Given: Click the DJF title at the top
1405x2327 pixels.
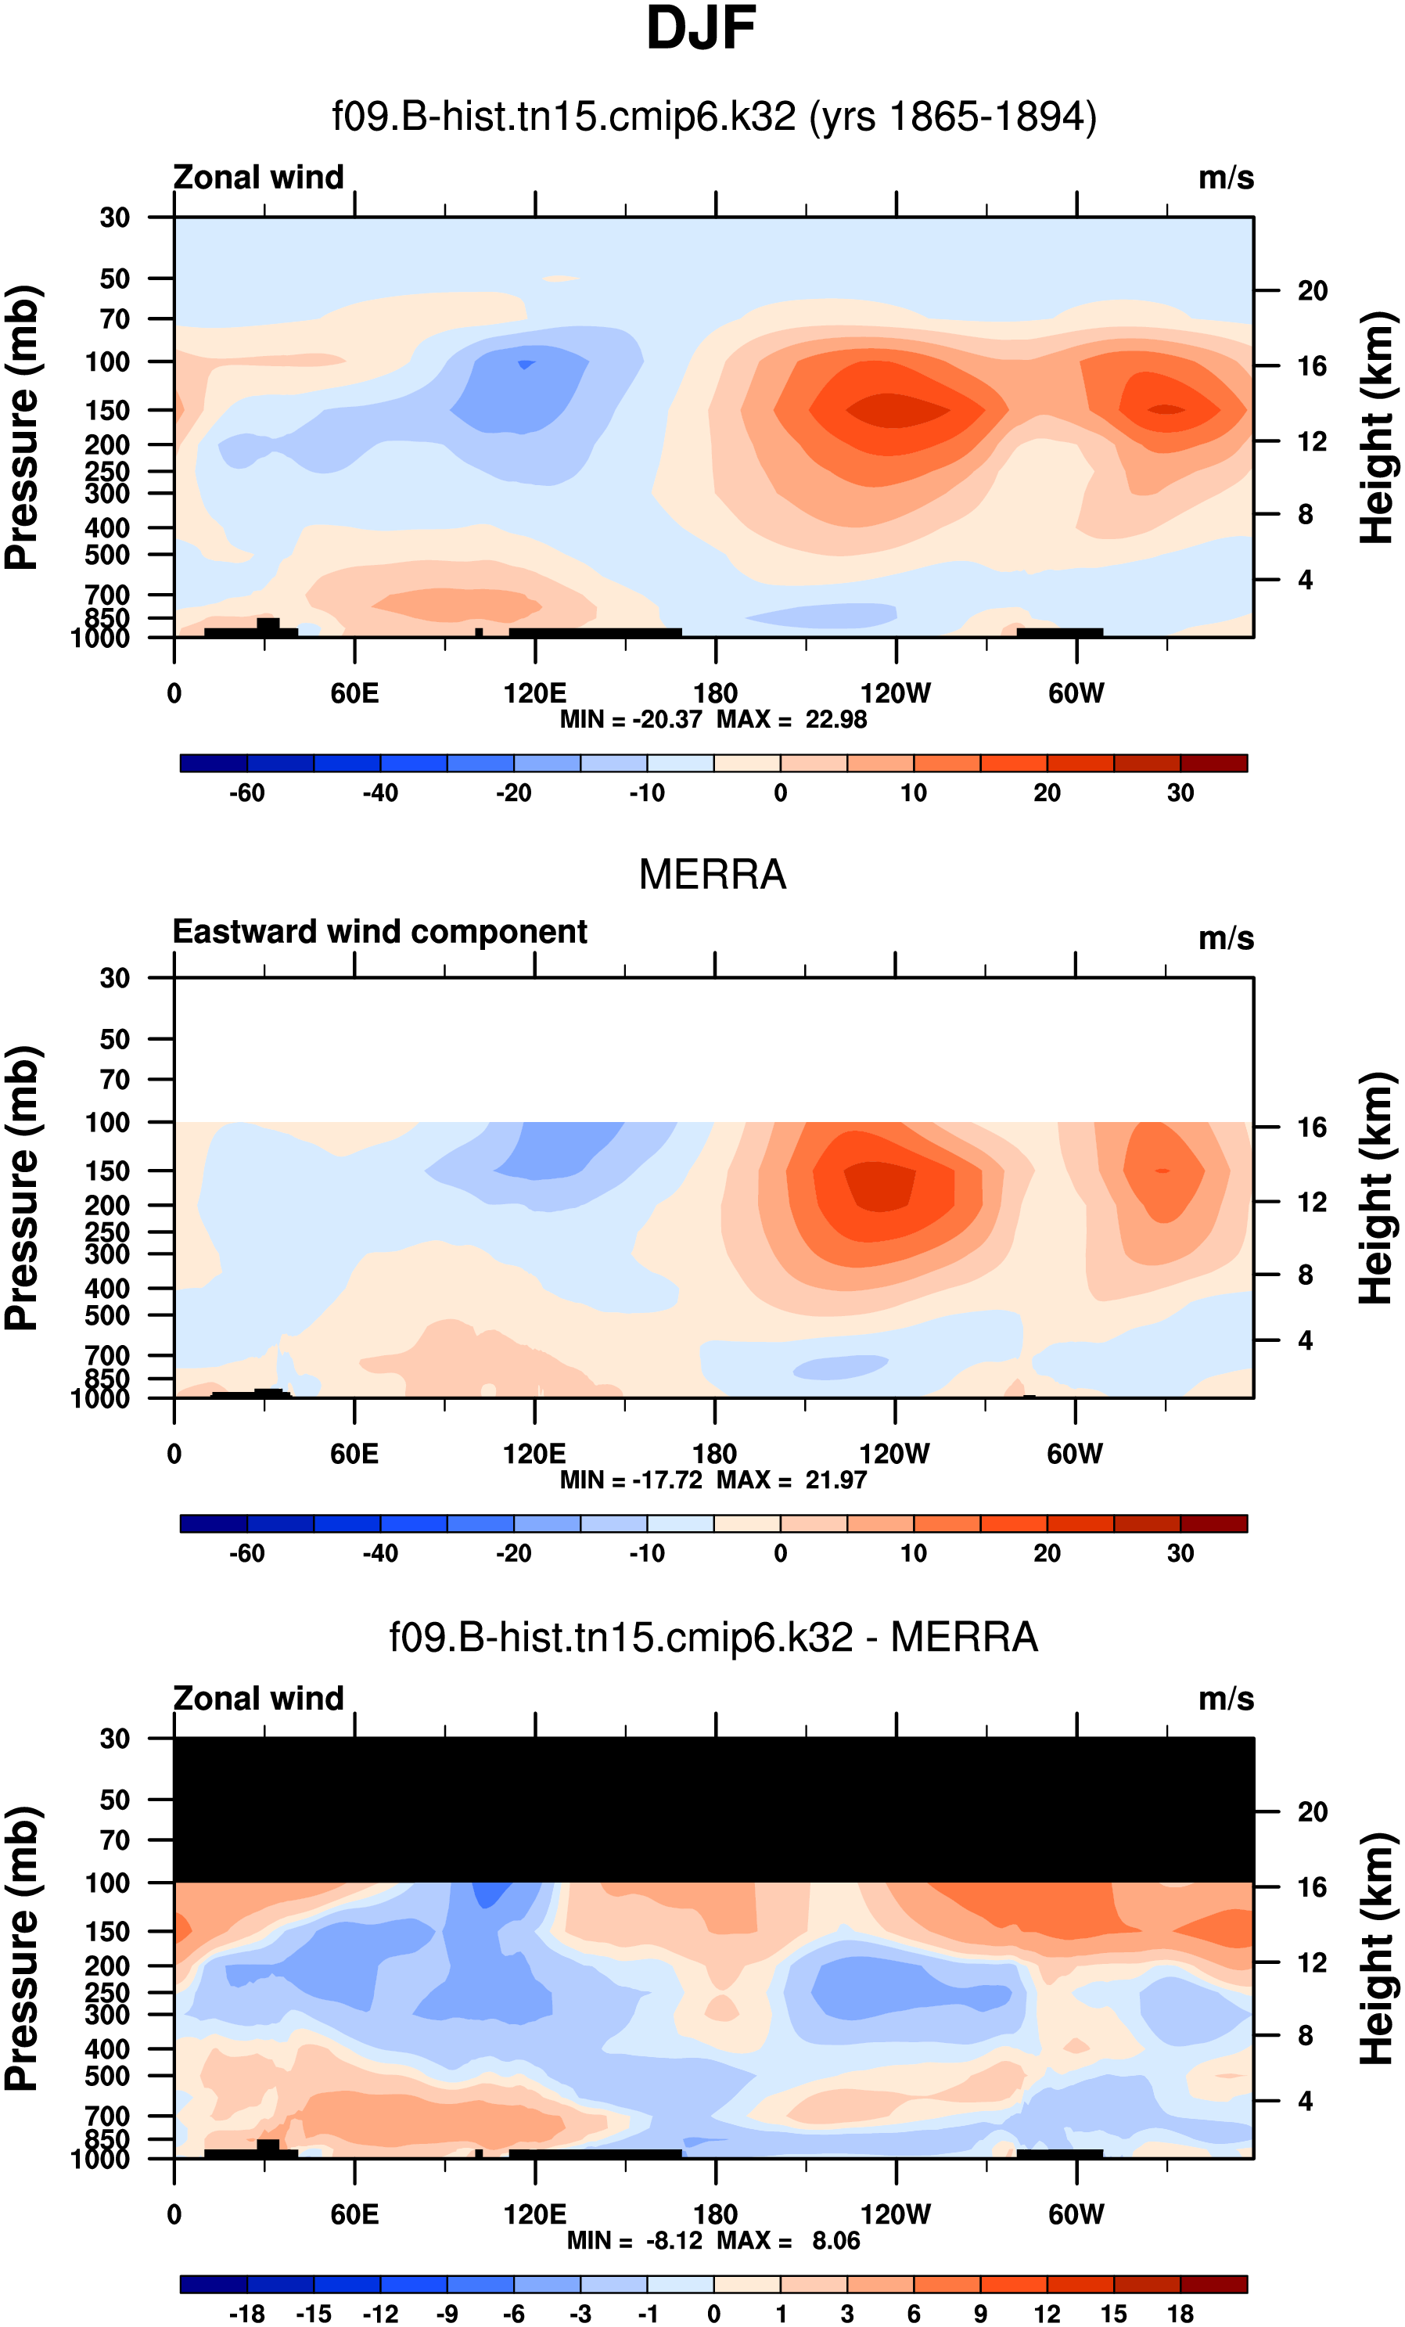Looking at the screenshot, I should tap(701, 28).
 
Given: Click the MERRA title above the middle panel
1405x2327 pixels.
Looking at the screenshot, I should tap(712, 875).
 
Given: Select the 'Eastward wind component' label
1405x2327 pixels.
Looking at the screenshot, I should tap(379, 932).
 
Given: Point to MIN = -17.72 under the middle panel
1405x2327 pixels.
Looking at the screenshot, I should tap(631, 1480).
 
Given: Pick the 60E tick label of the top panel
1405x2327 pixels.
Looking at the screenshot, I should tap(354, 694).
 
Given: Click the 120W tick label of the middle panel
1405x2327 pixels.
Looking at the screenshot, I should tap(894, 1455).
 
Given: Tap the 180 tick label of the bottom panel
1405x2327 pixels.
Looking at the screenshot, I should tap(715, 2214).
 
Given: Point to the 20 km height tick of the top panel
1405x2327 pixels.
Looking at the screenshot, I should tap(1312, 291).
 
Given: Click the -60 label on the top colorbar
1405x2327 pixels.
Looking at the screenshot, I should tap(246, 793).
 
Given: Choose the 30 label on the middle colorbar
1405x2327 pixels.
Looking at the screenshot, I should tap(1180, 1553).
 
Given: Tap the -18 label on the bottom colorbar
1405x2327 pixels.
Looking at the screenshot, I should tap(246, 2314).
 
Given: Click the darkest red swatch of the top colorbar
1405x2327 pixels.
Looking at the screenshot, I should tap(1213, 763).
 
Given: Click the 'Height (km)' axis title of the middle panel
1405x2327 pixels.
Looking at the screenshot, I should tap(1377, 1187).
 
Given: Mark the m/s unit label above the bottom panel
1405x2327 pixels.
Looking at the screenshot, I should tap(1226, 1699).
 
